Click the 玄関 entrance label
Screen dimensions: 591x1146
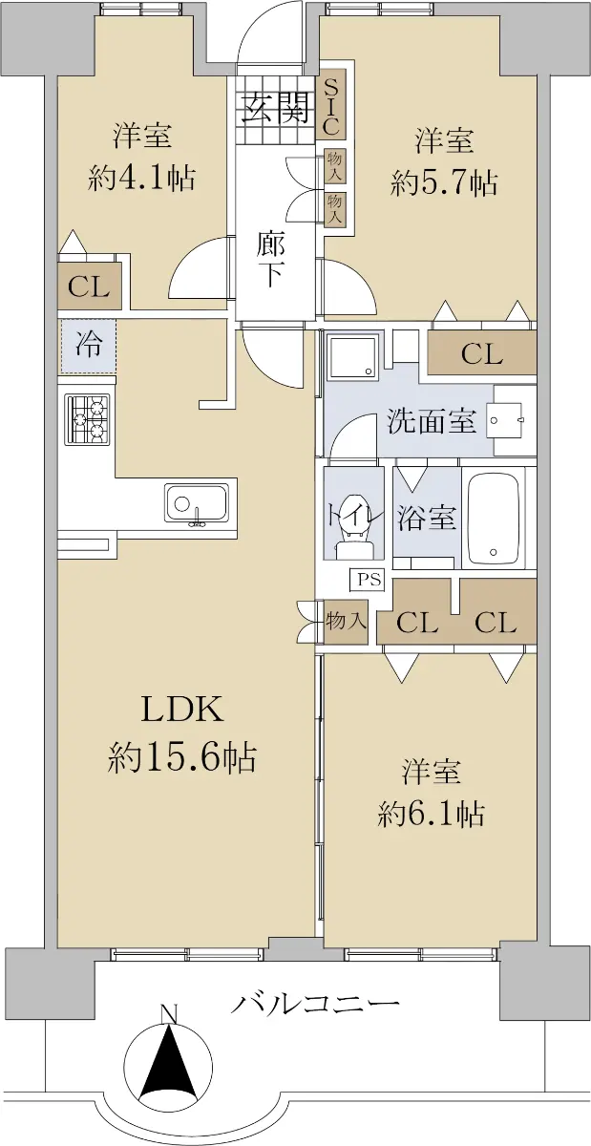click(277, 108)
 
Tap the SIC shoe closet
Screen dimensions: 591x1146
click(331, 103)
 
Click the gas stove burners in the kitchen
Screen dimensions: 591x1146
click(87, 419)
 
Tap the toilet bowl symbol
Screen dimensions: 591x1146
click(354, 528)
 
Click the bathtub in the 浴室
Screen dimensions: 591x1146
click(495, 520)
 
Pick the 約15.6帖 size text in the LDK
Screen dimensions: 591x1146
click(181, 757)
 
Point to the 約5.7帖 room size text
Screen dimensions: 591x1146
click(443, 182)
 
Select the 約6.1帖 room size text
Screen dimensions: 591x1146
click(431, 814)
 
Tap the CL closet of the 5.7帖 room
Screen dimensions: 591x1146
click(482, 352)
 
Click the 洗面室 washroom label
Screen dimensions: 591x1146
click(432, 421)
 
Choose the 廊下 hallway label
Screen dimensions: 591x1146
click(271, 261)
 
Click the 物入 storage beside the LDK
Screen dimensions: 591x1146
click(346, 621)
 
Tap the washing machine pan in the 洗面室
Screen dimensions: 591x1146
click(353, 356)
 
